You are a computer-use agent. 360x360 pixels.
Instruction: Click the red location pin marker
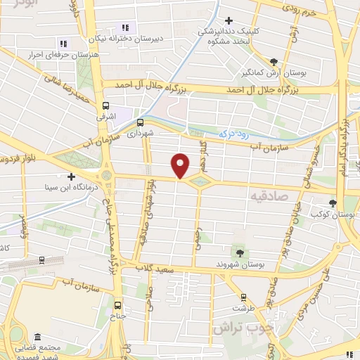point(181,166)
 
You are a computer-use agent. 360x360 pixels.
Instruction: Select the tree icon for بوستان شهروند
point(240,251)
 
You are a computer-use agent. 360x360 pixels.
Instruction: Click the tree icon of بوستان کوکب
point(333,204)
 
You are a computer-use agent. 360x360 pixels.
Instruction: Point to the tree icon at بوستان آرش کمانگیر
point(283,61)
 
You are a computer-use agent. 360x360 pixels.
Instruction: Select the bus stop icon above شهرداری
point(140,122)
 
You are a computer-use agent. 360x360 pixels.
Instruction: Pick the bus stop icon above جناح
point(117,305)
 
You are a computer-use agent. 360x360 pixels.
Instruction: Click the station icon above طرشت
point(243,297)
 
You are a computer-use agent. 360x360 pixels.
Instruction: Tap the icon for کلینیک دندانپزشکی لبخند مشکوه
point(229,20)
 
